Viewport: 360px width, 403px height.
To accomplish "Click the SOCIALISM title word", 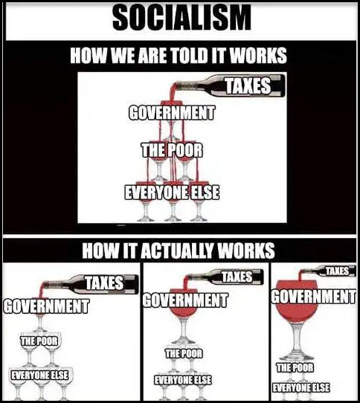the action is click(x=181, y=18).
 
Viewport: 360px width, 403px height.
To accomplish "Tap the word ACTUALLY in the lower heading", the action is click(x=179, y=251).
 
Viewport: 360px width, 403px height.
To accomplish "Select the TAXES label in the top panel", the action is click(x=248, y=86).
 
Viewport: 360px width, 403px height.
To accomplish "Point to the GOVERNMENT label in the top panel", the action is click(x=171, y=113).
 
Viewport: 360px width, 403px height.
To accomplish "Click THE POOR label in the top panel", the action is click(x=172, y=150).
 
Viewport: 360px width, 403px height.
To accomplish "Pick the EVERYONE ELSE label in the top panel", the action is click(x=172, y=193).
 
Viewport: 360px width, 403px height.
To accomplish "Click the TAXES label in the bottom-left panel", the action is click(x=104, y=283).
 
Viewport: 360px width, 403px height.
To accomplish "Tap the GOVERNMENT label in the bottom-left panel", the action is click(x=47, y=306).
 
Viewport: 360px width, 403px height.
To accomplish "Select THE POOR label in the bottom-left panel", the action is click(x=39, y=341).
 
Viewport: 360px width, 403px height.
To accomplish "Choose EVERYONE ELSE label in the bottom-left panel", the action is click(x=39, y=375).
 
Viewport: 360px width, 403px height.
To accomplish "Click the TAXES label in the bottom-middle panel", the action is click(x=237, y=277).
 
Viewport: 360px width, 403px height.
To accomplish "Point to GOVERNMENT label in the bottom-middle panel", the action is click(x=185, y=300).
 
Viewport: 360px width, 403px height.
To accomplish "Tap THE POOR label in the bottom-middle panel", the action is click(x=184, y=354).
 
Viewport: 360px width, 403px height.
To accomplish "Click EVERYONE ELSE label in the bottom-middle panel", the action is click(x=183, y=380).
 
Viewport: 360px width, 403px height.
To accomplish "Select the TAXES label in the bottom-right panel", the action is click(x=337, y=271).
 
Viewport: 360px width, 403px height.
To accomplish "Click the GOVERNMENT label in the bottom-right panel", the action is click(x=314, y=297).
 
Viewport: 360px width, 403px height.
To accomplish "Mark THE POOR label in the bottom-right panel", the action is click(x=295, y=367).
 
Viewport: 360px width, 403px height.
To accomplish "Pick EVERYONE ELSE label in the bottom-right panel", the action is click(x=300, y=387).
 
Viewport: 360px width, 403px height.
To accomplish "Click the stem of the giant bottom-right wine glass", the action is click(x=297, y=339).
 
